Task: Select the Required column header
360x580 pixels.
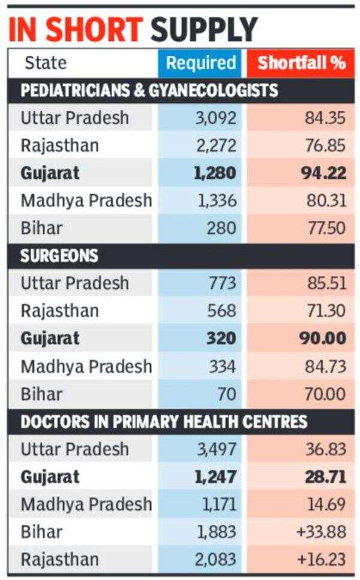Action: (x=200, y=62)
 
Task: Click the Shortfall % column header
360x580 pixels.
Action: (x=301, y=62)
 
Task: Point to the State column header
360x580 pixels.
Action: (x=46, y=62)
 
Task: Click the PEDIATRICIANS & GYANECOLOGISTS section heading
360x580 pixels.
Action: (x=149, y=91)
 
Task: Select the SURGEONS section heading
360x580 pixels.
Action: (x=59, y=256)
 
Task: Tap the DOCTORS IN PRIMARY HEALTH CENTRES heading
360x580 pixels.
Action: (x=164, y=421)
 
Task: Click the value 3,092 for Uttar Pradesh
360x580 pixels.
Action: (x=215, y=118)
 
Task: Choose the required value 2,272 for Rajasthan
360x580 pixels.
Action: (x=215, y=146)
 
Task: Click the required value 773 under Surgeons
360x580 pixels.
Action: (x=223, y=283)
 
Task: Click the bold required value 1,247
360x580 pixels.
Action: (x=214, y=477)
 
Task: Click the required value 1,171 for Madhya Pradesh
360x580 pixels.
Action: (x=217, y=504)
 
